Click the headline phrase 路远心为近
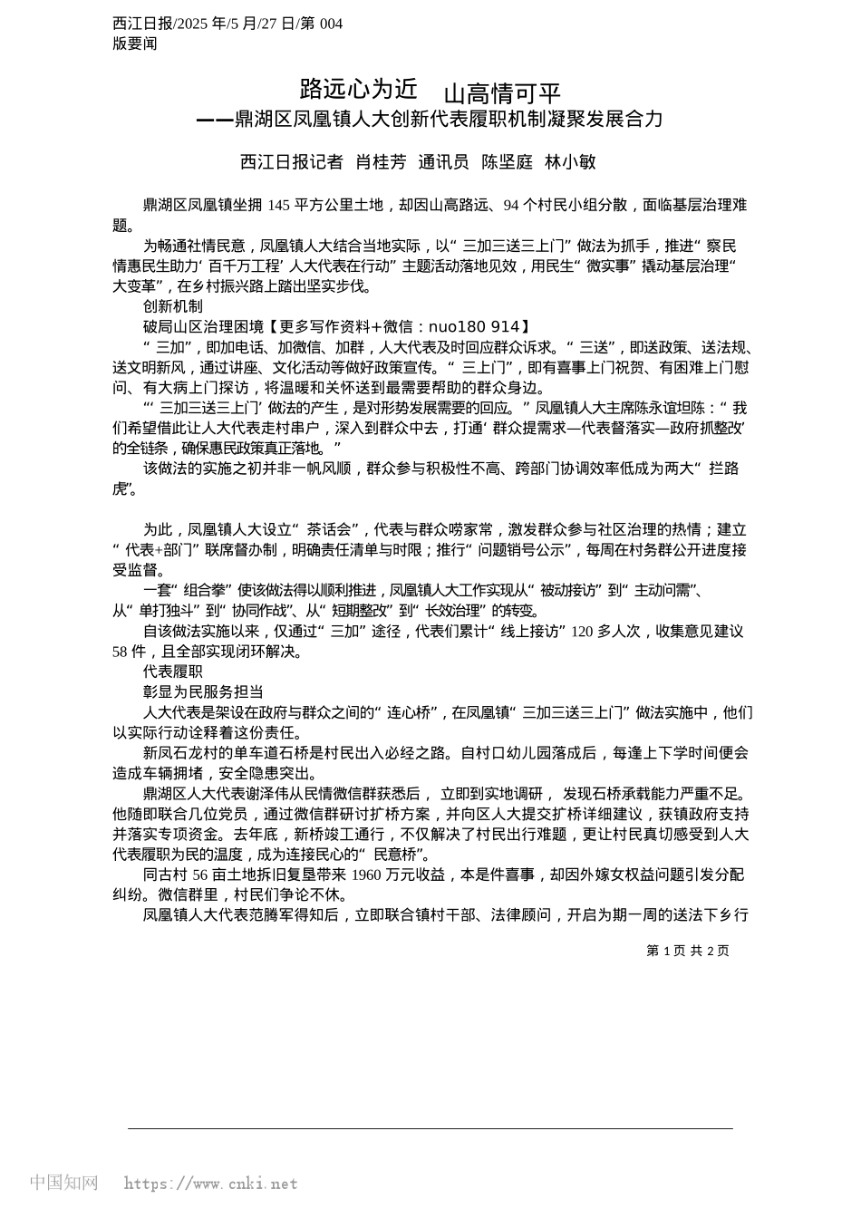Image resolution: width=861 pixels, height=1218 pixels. pyautogui.click(x=359, y=89)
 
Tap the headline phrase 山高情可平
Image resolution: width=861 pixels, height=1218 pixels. pyautogui.click(x=502, y=93)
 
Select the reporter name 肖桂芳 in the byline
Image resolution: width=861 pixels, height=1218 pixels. pyautogui.click(x=381, y=162)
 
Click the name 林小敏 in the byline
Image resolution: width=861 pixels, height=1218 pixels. pyautogui.click(x=570, y=162)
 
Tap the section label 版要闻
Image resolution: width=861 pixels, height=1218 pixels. pyautogui.click(x=135, y=43)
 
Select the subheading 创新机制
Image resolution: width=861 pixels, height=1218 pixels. pyautogui.click(x=173, y=307)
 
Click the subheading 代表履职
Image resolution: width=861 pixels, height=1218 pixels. pyautogui.click(x=173, y=672)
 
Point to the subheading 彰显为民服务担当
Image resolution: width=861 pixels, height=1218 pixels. pyautogui.click(x=203, y=691)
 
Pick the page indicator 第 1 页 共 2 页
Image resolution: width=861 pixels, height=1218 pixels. pyautogui.click(x=688, y=951)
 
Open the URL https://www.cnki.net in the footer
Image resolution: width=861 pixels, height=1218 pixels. pyautogui.click(x=210, y=1184)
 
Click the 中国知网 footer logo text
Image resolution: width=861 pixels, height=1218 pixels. pyautogui.click(x=64, y=1183)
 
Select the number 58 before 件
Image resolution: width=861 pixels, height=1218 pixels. pyautogui.click(x=121, y=652)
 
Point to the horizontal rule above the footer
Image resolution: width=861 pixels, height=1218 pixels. pyautogui.click(x=430, y=1128)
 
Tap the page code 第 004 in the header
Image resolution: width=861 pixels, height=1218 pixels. pyautogui.click(x=324, y=24)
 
